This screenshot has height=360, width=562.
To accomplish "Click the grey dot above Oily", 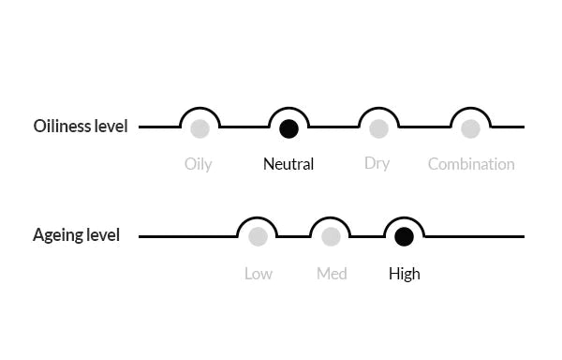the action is [x=200, y=128].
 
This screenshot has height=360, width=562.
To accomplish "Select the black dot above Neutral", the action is [x=288, y=128].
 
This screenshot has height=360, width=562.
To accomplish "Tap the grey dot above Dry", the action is [x=378, y=128].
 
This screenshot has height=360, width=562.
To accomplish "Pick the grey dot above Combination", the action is [x=470, y=128].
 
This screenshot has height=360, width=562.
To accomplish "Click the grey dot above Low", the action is [x=259, y=236].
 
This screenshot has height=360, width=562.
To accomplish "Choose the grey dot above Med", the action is [x=331, y=236].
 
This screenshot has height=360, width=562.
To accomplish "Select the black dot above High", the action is [x=404, y=236].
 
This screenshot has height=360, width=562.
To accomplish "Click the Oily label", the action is [x=199, y=164].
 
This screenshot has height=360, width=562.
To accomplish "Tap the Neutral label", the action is [x=288, y=164].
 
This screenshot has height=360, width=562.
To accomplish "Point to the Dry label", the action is [x=377, y=163].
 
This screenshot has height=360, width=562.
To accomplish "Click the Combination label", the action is [x=471, y=164].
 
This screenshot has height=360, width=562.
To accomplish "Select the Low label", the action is [x=259, y=274].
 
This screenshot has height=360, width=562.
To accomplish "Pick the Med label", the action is [x=332, y=274].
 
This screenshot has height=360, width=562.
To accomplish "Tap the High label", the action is [x=405, y=274].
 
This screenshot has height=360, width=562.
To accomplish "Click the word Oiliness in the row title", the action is [x=62, y=127].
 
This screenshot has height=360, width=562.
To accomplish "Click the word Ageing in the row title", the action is [x=53, y=235].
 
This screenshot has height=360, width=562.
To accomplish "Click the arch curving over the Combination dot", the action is [x=470, y=108].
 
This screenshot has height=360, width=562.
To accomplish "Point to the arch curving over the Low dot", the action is [x=258, y=218].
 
